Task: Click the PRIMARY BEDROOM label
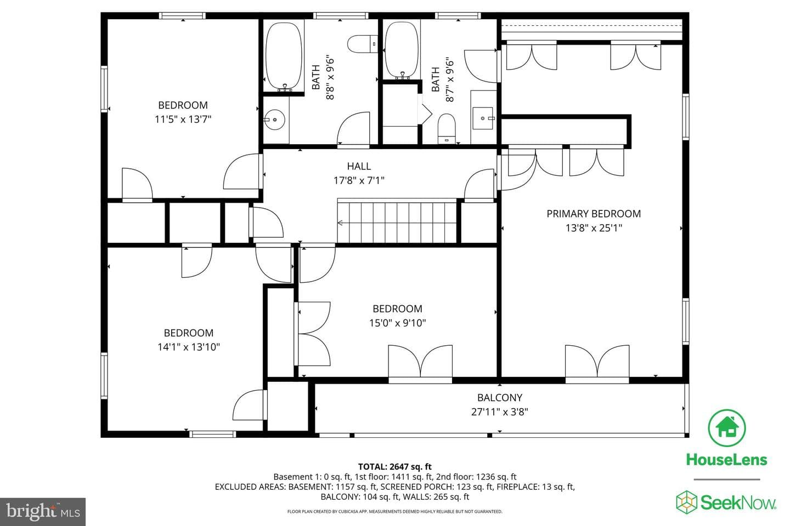594,214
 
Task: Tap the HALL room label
359,166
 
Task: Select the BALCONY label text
499,397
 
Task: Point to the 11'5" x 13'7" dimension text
183,119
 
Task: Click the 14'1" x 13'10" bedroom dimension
188,347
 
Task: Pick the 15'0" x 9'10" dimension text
397,323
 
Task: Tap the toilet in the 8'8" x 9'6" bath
362,44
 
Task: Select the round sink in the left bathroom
274,120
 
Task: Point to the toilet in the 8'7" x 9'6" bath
447,128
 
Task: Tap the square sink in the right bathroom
483,118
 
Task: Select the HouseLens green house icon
726,428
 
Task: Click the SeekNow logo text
738,502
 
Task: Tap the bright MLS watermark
43,512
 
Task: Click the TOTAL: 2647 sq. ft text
394,467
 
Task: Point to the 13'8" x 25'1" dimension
594,228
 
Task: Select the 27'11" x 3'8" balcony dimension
499,412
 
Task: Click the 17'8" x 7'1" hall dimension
359,180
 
